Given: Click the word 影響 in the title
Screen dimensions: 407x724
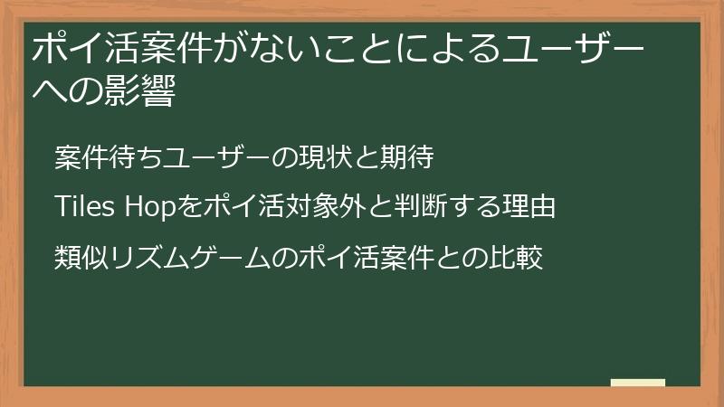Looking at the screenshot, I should click(144, 91).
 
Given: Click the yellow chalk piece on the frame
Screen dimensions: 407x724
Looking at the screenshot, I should click(637, 383).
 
